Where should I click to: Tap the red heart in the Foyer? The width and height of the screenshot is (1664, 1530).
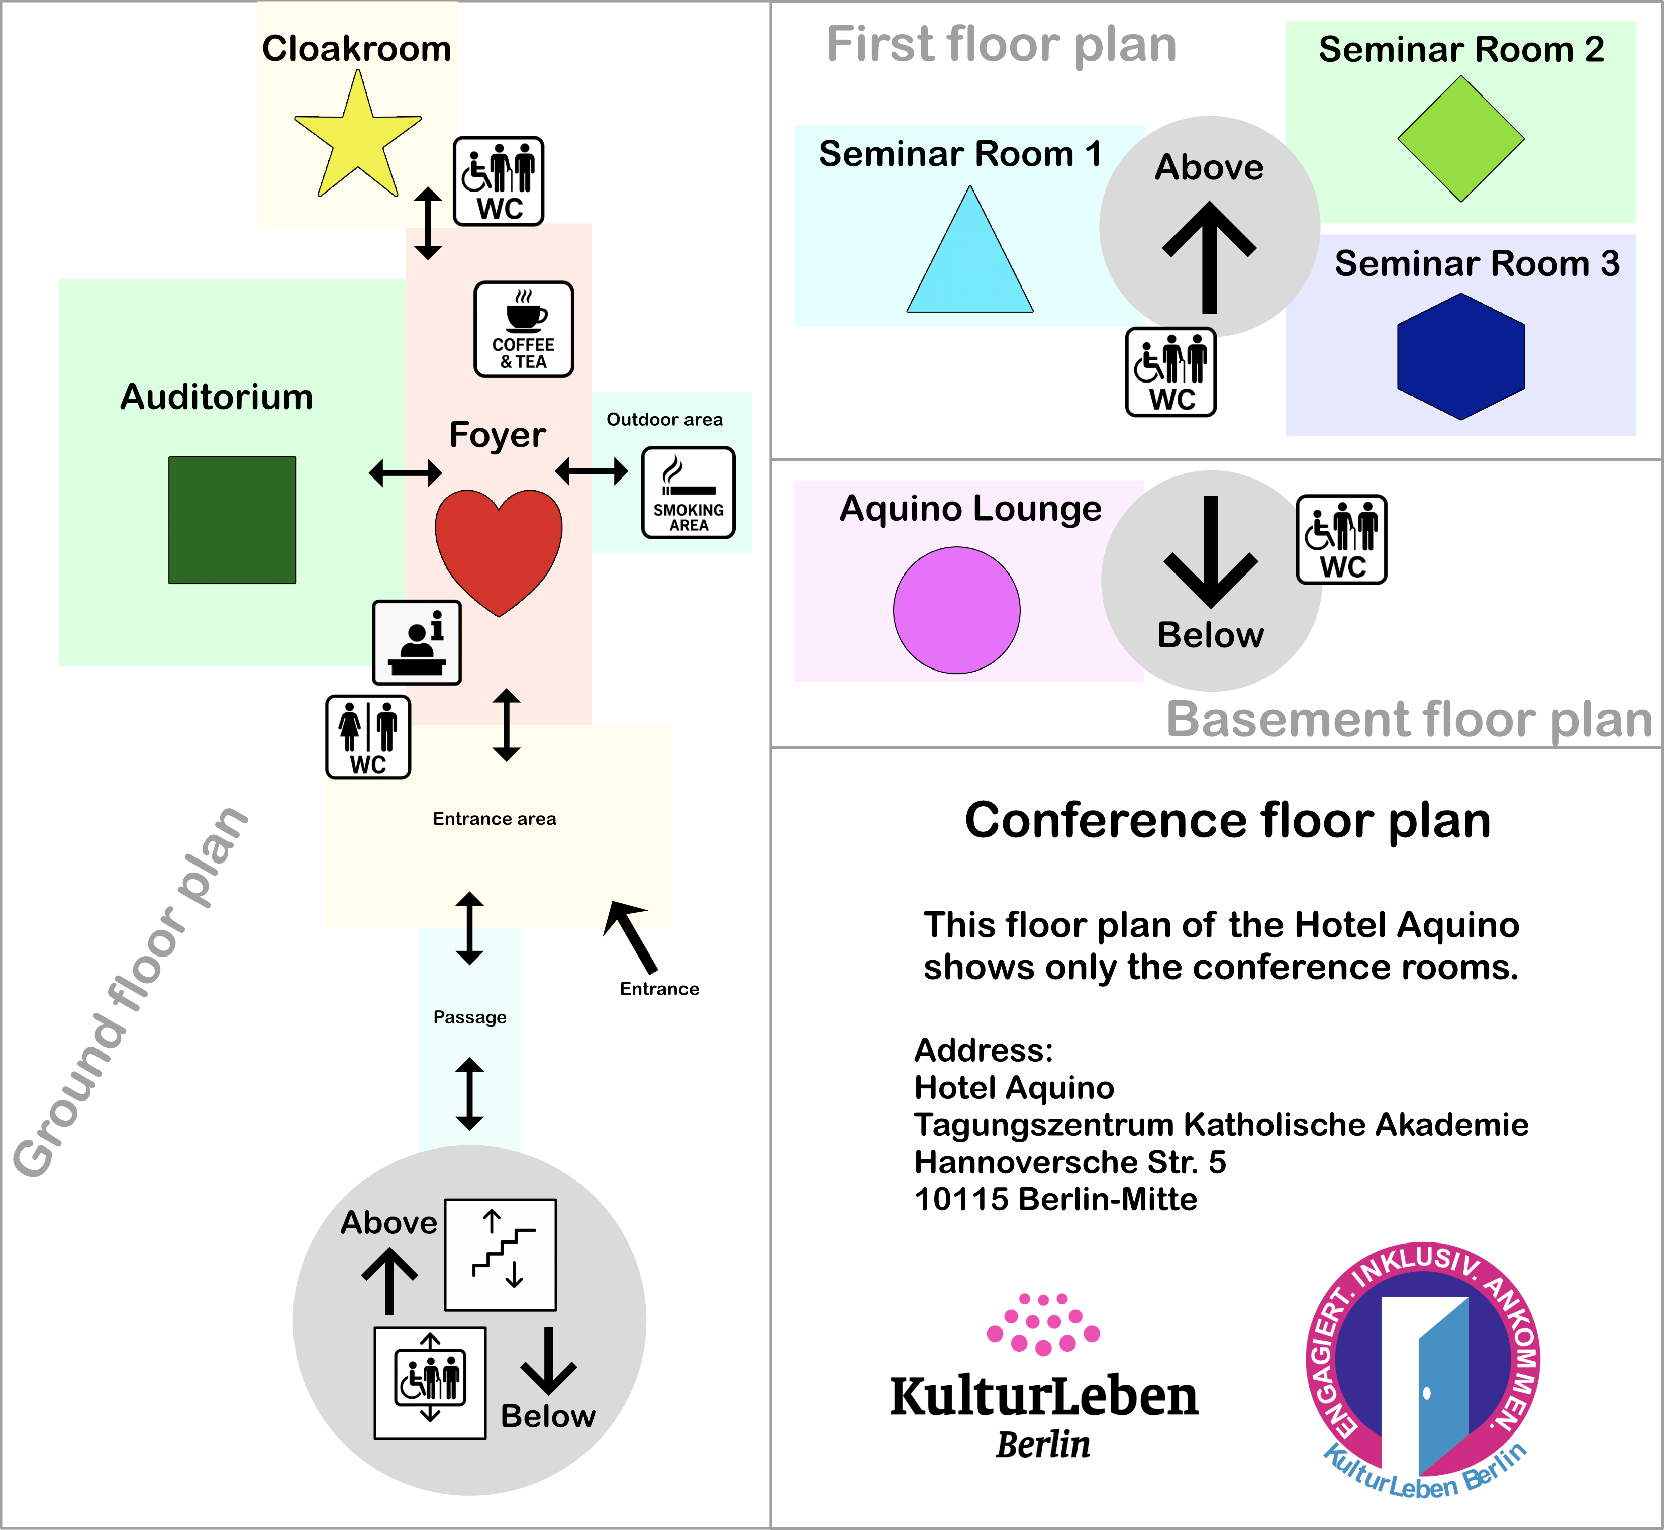499,546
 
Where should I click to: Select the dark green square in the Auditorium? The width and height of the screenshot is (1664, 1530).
232,520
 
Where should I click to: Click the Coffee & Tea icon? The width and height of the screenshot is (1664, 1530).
523,330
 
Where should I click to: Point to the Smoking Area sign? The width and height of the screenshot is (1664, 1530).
688,493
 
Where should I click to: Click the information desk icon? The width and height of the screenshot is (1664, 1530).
417,642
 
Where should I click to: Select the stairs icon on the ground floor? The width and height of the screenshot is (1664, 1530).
500,1254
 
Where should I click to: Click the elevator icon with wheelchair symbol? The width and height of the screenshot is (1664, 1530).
430,1383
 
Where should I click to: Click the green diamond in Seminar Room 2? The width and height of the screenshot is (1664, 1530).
1460,139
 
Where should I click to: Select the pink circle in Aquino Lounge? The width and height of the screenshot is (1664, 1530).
956,610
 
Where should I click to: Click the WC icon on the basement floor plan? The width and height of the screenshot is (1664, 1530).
1341,540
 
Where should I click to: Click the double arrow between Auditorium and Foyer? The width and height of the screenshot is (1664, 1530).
405,473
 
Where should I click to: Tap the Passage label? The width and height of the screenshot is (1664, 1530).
469,1017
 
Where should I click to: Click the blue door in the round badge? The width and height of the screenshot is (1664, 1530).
1442,1391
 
